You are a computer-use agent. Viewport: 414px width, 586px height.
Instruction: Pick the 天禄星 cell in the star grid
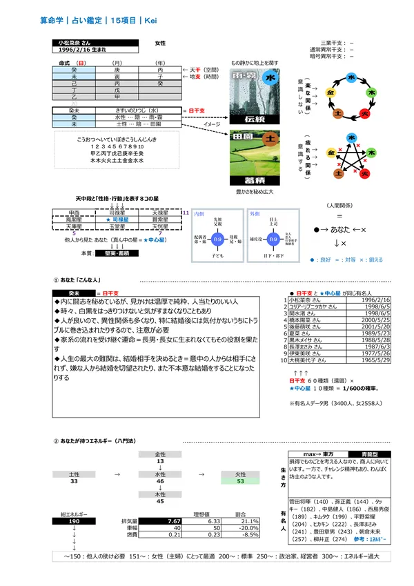pyautogui.click(x=161, y=212)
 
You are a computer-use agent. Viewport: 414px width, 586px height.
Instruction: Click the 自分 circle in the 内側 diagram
pyautogui.click(x=218, y=240)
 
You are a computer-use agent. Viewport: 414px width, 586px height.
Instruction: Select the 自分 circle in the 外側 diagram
pyautogui.click(x=275, y=240)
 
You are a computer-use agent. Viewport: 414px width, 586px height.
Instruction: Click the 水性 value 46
pyautogui.click(x=160, y=482)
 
